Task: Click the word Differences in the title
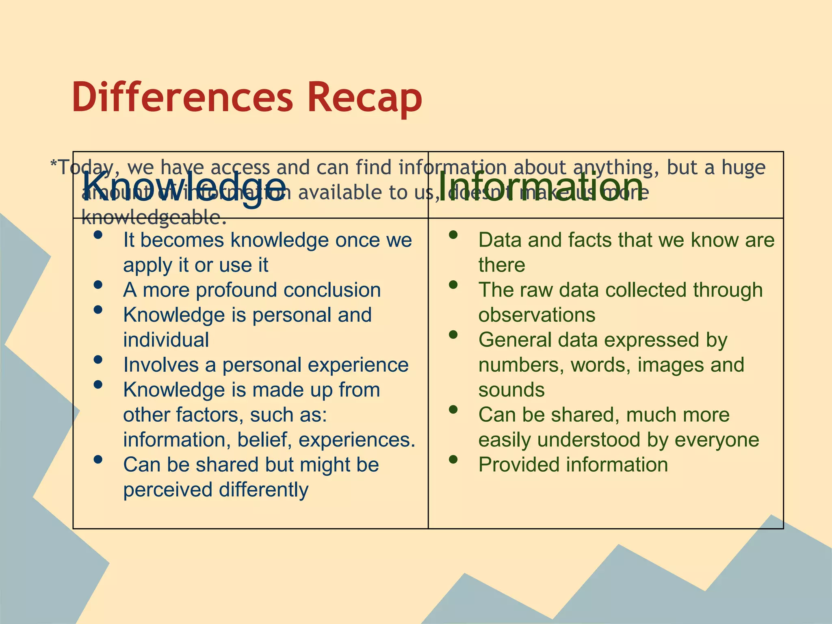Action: [182, 97]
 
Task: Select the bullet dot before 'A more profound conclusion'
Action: [97, 285]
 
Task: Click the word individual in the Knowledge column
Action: [166, 340]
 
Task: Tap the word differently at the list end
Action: [264, 490]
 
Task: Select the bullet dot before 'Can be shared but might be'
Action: [97, 459]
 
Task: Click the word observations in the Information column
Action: [536, 315]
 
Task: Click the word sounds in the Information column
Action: [511, 390]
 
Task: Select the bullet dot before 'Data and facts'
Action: [453, 235]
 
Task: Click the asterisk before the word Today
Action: [53, 164]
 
